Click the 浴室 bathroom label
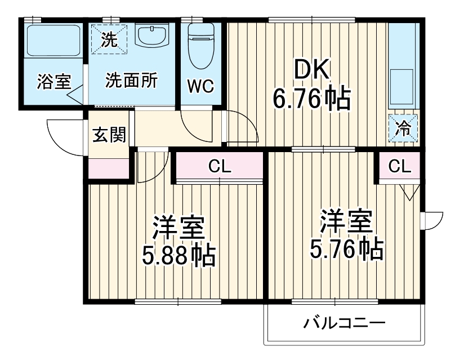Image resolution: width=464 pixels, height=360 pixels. pos(54,81)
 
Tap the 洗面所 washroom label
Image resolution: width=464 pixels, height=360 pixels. pos(132,81)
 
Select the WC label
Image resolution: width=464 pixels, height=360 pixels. pos(200,86)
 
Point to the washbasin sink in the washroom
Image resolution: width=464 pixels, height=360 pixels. pos(153,37)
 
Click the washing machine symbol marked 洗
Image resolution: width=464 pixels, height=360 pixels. pos(109,39)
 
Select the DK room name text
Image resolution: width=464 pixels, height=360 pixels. pos(312,72)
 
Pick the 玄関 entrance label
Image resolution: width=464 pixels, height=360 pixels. pos(109,135)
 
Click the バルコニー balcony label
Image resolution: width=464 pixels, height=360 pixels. pos(344,324)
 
